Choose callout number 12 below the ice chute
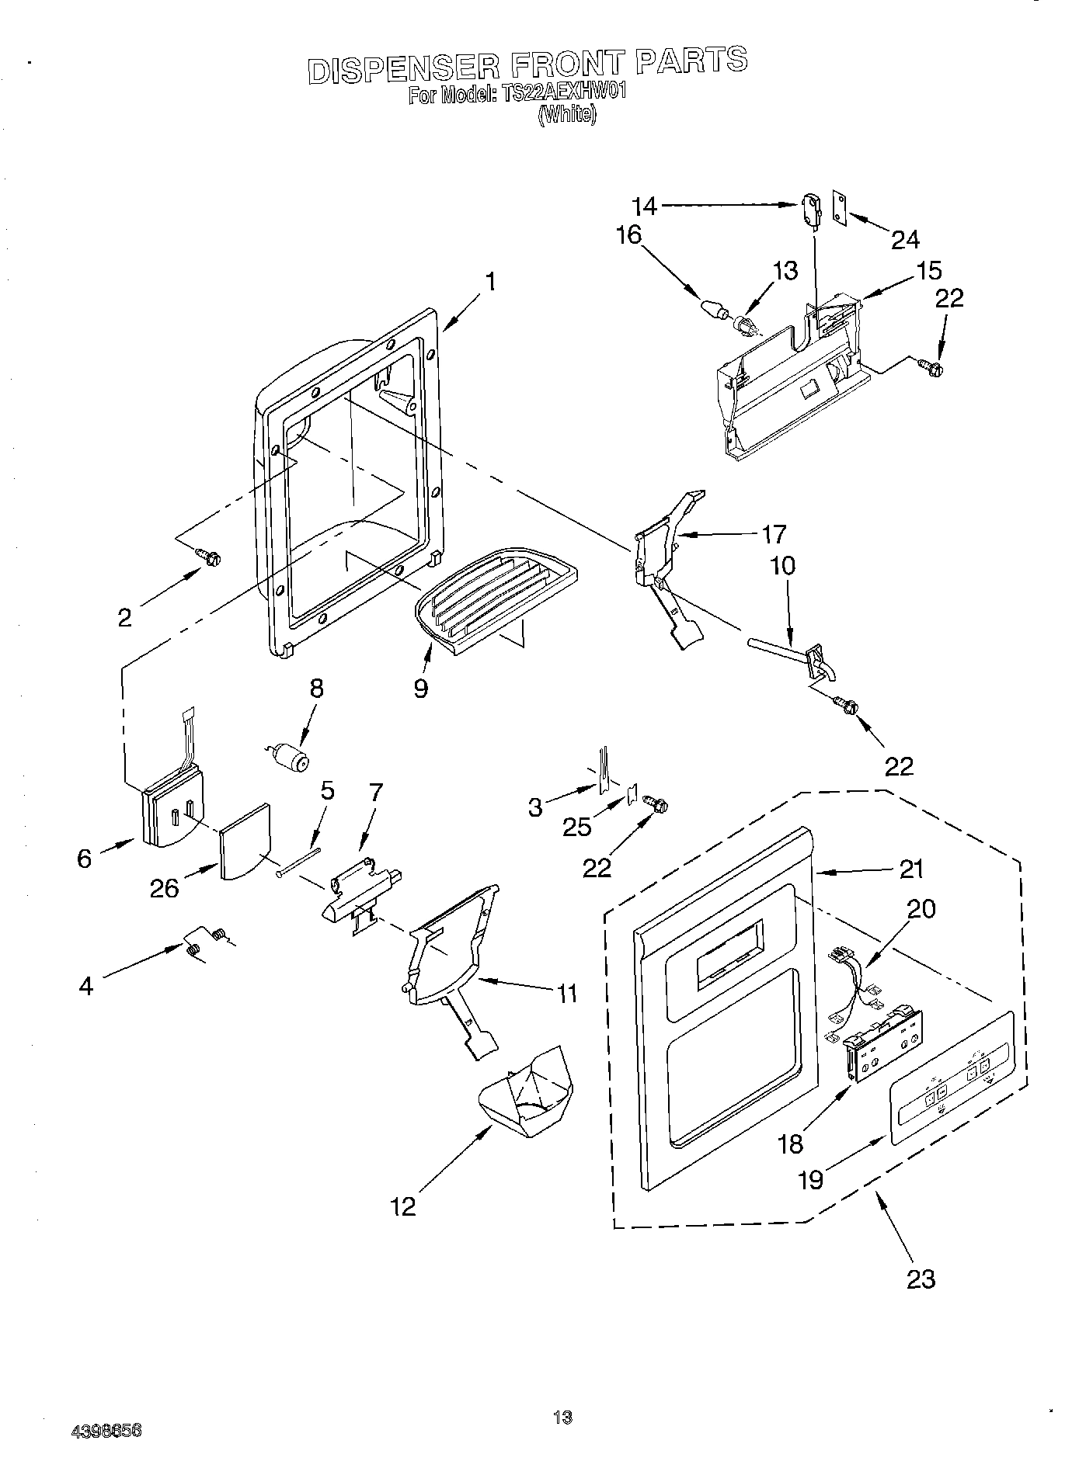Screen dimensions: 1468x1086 [x=404, y=1206]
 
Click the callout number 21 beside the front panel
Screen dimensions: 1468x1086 [x=911, y=869]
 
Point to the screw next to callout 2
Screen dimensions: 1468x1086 [x=208, y=556]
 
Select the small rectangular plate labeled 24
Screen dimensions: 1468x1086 [x=839, y=207]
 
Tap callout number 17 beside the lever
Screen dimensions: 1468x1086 [x=774, y=534]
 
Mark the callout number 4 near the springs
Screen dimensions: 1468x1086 [x=86, y=987]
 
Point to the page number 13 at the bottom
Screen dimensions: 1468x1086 [x=562, y=1418]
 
